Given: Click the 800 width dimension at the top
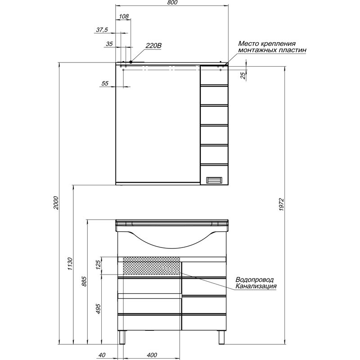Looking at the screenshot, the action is [x=172, y=3].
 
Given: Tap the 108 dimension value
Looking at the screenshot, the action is [x=124, y=16].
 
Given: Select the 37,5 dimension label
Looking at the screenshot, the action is [x=102, y=30].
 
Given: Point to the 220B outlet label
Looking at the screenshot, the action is [x=153, y=46].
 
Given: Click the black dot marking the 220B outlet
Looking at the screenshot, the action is [x=130, y=62].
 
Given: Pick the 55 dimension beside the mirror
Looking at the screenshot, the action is [x=105, y=83].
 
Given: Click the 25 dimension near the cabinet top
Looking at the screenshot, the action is [x=243, y=75].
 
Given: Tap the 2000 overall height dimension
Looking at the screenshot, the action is [x=56, y=203].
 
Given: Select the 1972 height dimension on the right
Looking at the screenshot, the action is [x=282, y=205].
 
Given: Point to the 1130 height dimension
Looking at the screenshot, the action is [x=70, y=264].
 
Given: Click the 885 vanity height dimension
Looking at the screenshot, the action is [x=84, y=281].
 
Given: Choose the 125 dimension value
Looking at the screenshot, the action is [x=98, y=265].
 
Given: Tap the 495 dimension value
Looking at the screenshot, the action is [x=98, y=309].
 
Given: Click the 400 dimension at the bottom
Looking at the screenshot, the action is [x=152, y=355].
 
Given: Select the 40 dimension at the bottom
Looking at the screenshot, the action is [x=102, y=355].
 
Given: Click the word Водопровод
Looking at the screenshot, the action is [x=255, y=279].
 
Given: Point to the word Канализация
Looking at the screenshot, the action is [x=256, y=286].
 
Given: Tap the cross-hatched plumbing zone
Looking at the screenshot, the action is [x=152, y=265].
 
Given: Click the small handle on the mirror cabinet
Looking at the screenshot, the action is [x=214, y=180].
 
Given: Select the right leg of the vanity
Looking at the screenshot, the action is [x=221, y=337].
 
